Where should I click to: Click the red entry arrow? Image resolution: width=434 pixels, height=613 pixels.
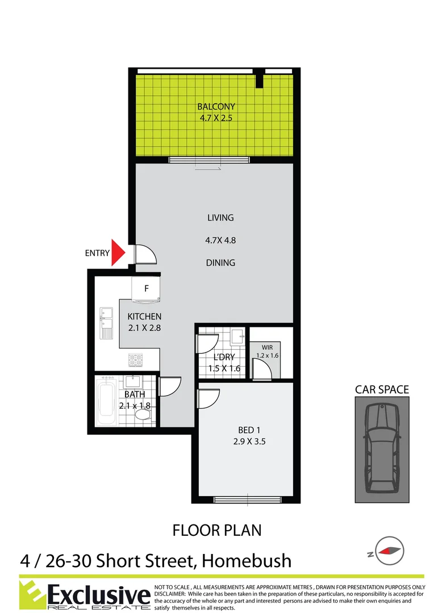[x=118, y=253]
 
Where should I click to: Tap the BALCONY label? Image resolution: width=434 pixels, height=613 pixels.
[x=216, y=106]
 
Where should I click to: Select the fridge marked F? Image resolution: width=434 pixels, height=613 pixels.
[x=147, y=288]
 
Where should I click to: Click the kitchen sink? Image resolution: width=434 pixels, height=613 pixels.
[x=106, y=322]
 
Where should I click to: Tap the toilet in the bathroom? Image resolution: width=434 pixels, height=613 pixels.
[x=143, y=415]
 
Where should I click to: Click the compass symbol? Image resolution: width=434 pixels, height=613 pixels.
[x=389, y=550]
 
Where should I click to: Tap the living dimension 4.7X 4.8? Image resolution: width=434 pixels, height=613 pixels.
[x=220, y=240]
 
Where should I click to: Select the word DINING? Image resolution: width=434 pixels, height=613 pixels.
[x=220, y=263]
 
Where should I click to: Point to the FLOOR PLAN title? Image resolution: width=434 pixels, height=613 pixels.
[x=217, y=530]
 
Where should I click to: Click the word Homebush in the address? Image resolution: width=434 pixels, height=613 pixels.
[x=247, y=561]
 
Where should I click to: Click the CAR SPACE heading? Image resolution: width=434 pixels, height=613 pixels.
[x=382, y=389]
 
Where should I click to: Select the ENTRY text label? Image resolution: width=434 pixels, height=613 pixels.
[x=97, y=254]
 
